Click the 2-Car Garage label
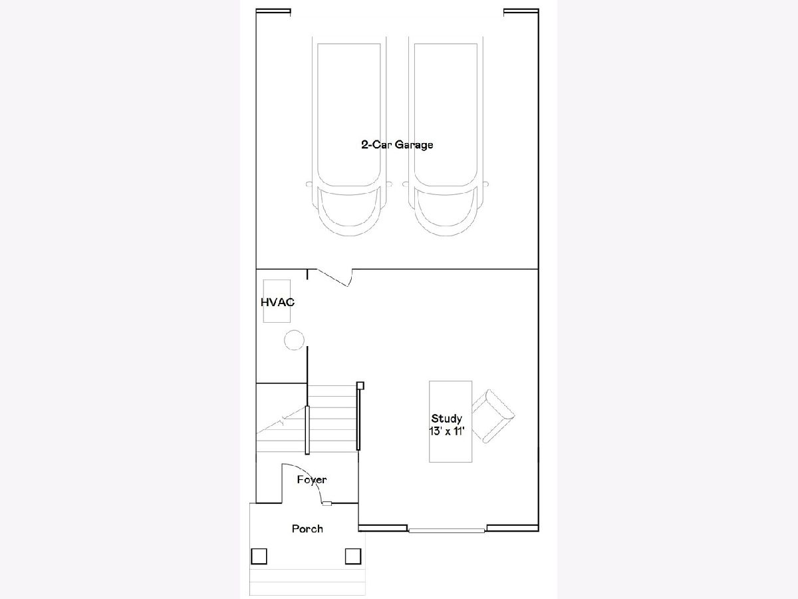(397, 144)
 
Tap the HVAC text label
(277, 302)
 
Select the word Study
(446, 418)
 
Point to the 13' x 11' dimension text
(447, 431)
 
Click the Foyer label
(312, 480)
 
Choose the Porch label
(307, 528)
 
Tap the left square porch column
(259, 556)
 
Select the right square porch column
(353, 556)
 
